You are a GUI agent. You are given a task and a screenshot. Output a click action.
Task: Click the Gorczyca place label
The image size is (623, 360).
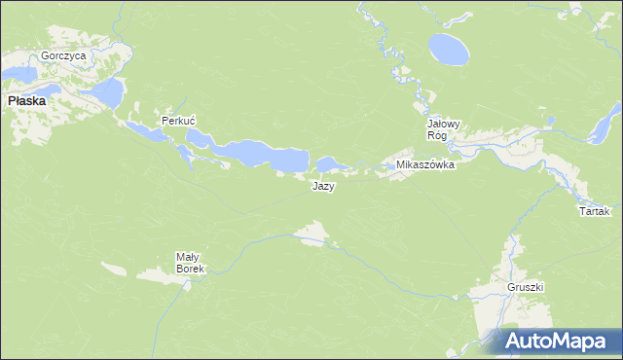(63, 55)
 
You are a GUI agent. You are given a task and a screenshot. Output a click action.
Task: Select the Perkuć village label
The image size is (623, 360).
(179, 122)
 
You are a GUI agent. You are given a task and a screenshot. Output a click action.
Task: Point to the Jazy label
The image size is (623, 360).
(324, 187)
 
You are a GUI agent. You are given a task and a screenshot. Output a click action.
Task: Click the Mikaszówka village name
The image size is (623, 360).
(425, 165)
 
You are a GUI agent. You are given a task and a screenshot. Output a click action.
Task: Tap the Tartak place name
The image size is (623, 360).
(594, 211)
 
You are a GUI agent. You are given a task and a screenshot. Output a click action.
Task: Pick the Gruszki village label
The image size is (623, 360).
(525, 288)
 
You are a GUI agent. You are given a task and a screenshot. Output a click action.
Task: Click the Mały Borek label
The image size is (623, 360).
(189, 263)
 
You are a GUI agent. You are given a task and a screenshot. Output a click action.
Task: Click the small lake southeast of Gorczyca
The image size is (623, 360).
(108, 92)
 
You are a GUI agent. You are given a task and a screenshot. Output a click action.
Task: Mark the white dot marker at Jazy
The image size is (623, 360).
(313, 174)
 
